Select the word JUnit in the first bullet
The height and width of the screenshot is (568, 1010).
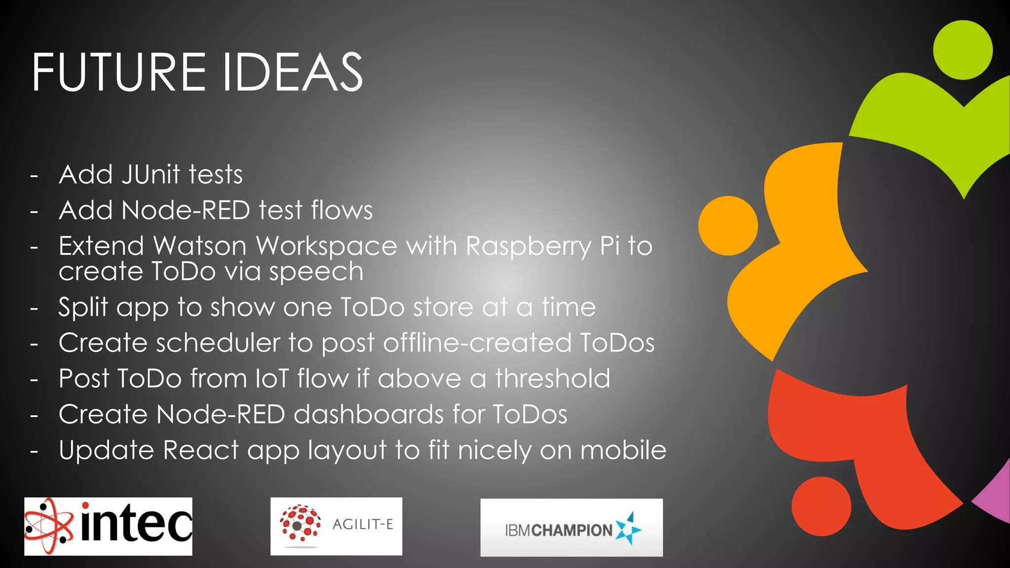[x=151, y=175]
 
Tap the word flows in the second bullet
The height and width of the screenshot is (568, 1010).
[x=341, y=210]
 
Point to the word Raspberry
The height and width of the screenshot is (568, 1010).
[x=528, y=246]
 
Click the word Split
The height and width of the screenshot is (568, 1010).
[x=83, y=308]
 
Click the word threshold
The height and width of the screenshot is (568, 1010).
[x=552, y=379]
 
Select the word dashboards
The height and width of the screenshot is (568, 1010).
[x=369, y=414]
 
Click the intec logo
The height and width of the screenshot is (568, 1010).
[x=108, y=526]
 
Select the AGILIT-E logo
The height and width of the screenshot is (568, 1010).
[x=336, y=526]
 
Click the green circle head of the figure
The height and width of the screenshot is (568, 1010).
[x=963, y=50]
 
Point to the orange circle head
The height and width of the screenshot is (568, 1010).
[x=728, y=225]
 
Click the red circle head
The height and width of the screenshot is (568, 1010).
[x=821, y=506]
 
